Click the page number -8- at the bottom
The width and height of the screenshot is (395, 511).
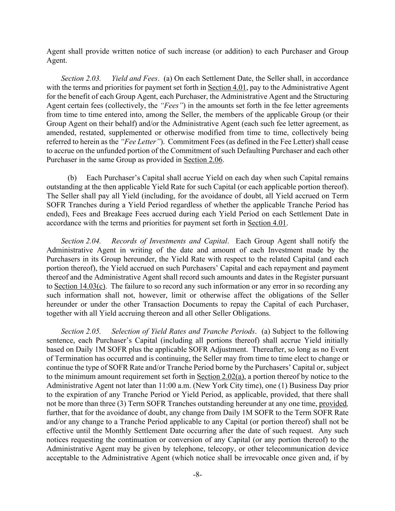tap(197, 475)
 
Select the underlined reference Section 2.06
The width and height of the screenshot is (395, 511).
tap(203, 160)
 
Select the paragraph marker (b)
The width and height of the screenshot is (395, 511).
tap(72, 178)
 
